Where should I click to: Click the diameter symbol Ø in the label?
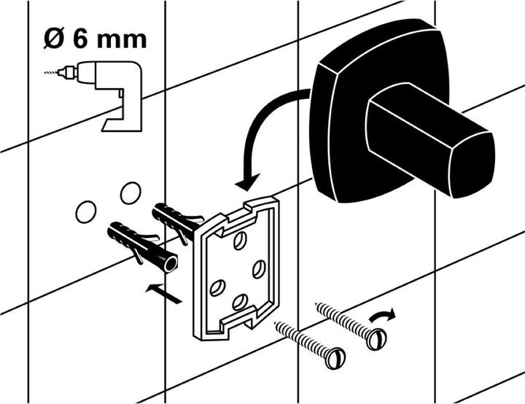click(55, 39)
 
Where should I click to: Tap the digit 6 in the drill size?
click(80, 40)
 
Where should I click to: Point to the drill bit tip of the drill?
click(45, 72)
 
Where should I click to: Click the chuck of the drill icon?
click(68, 72)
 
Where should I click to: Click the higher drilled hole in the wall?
click(131, 193)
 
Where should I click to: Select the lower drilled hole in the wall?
click(86, 212)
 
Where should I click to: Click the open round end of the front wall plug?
click(171, 264)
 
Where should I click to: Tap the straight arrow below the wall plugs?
click(163, 293)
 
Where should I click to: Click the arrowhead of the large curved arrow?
click(248, 182)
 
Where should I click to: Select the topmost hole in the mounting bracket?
click(240, 241)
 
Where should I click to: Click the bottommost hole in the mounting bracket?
click(240, 302)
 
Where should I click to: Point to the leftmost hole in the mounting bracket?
click(217, 287)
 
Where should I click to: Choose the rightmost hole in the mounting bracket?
click(259, 269)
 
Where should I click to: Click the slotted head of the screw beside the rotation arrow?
click(376, 339)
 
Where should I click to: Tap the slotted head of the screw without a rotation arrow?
click(335, 359)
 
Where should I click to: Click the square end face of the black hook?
click(472, 165)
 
